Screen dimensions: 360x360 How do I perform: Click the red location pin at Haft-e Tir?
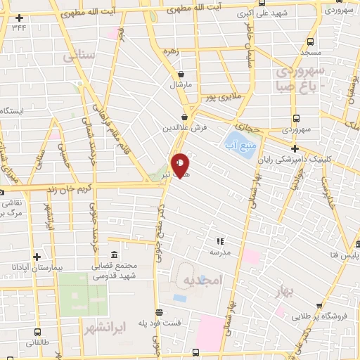point(181,166)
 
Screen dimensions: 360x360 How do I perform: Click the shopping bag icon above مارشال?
point(181,74)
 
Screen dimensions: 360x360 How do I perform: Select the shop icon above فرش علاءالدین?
point(186,117)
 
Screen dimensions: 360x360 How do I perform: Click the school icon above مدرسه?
point(219,240)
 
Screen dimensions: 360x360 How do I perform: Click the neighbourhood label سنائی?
point(76,56)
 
